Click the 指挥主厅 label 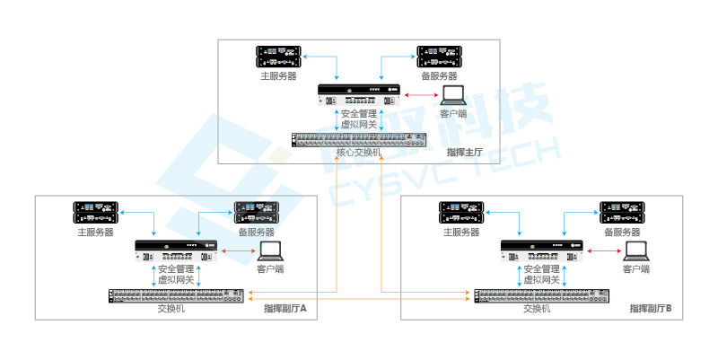pos(465,153)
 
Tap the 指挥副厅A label pos(285,308)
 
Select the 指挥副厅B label pos(656,308)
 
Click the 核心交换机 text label pos(359,153)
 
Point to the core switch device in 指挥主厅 pos(359,139)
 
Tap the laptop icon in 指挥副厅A pos(270,251)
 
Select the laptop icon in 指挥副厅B pos(636,251)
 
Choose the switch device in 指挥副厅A pos(176,295)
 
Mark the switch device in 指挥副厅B pos(542,295)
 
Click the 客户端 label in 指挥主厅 pos(453,114)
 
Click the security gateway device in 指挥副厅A pos(176,250)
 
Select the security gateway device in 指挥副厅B pos(542,250)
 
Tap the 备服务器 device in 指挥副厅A pos(256,213)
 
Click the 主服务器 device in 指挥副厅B pos(461,213)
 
